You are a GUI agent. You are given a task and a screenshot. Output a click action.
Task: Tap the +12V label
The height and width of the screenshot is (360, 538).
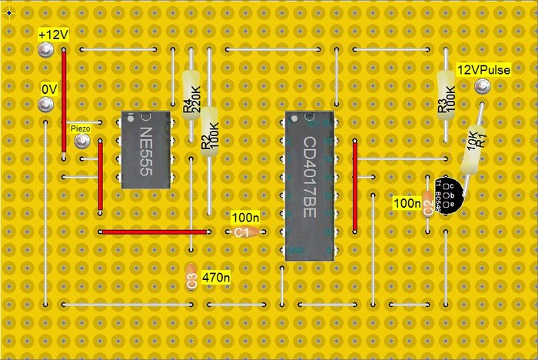coord(52,35)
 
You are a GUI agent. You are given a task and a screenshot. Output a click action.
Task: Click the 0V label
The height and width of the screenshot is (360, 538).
coord(49,89)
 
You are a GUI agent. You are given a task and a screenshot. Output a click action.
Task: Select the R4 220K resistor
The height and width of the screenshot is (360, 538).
coord(192,96)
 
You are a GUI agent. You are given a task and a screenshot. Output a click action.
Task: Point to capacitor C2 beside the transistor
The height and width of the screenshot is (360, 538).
coord(428,208)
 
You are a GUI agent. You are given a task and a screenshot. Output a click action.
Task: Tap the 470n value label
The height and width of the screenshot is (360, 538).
coord(216,275)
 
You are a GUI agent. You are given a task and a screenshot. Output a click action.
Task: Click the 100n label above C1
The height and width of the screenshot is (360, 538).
coord(245,218)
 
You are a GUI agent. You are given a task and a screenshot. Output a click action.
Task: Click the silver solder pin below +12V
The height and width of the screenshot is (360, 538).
coord(46,50)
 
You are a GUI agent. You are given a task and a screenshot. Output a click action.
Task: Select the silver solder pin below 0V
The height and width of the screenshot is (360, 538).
coord(46,105)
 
